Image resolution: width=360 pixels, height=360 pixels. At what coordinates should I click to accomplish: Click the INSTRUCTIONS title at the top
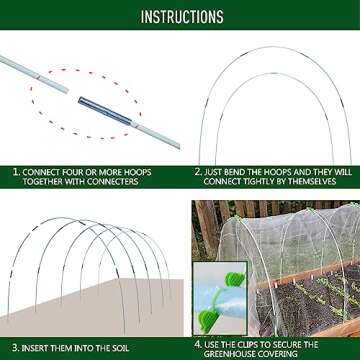[181, 17]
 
